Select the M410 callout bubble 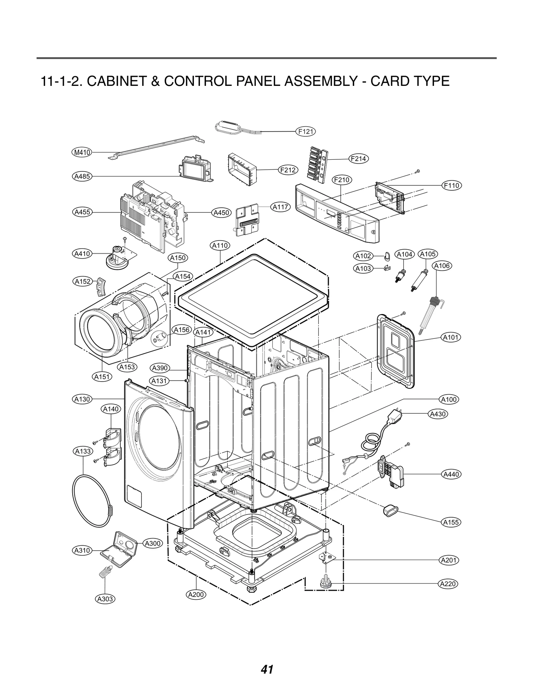click(x=82, y=153)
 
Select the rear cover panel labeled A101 click(x=396, y=351)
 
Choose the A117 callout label click(x=280, y=207)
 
